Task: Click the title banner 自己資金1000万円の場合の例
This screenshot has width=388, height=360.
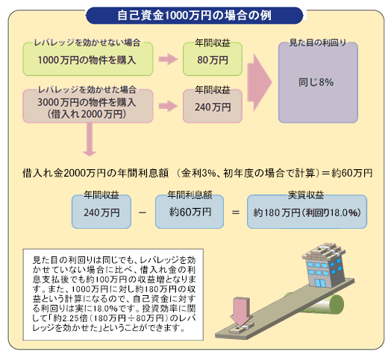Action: coord(194,16)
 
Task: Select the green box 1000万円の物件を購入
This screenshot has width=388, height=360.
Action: coord(88,59)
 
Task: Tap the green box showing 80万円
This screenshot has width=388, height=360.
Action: coord(213,59)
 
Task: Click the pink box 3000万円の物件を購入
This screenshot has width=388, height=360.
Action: coord(88,107)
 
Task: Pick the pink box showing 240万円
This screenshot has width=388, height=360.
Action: coord(213,107)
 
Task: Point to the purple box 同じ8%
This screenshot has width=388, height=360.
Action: coord(318,83)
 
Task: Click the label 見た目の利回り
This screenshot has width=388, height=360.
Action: coord(318,42)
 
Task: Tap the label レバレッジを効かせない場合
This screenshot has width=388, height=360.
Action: coord(87,42)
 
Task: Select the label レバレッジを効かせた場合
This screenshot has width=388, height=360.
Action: coord(87,89)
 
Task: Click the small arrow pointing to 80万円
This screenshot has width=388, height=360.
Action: coord(169,59)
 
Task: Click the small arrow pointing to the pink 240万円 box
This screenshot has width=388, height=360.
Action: coord(169,107)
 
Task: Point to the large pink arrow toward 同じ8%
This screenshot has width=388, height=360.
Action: coord(260,83)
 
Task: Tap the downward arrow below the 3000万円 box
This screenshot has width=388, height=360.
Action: coord(90,139)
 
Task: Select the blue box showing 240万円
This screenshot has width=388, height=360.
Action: coord(101,212)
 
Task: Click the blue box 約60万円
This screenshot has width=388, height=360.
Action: coord(190,212)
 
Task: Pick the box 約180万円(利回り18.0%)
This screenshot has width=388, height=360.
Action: coord(307,212)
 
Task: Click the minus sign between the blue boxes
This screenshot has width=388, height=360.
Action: coord(143,212)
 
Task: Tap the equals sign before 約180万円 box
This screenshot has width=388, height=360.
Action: coord(236,212)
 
